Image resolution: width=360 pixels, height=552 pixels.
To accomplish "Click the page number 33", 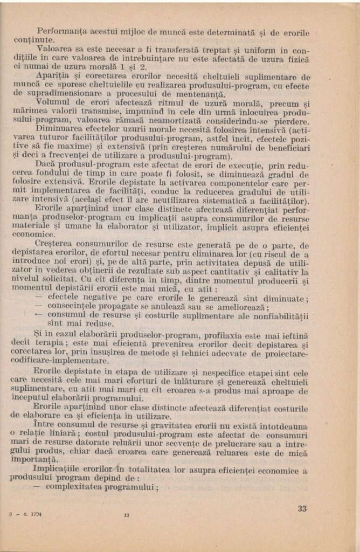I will coord(302,508).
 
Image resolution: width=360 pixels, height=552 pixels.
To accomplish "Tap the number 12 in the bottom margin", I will coord(126,515).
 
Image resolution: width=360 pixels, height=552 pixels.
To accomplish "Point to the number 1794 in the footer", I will coord(37,514).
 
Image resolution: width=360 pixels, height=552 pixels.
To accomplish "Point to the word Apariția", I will coord(52,77).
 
